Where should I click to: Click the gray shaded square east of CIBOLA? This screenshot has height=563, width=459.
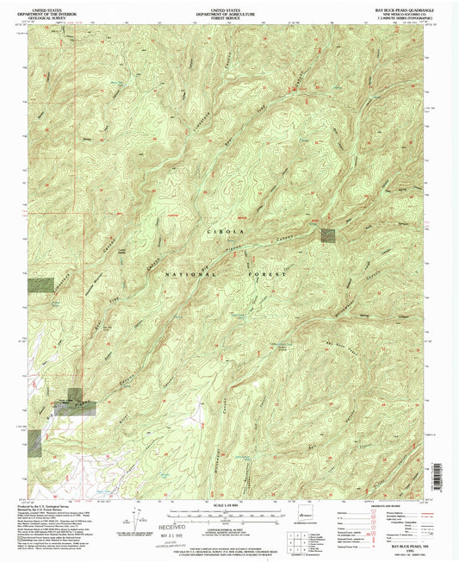click(x=327, y=234)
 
